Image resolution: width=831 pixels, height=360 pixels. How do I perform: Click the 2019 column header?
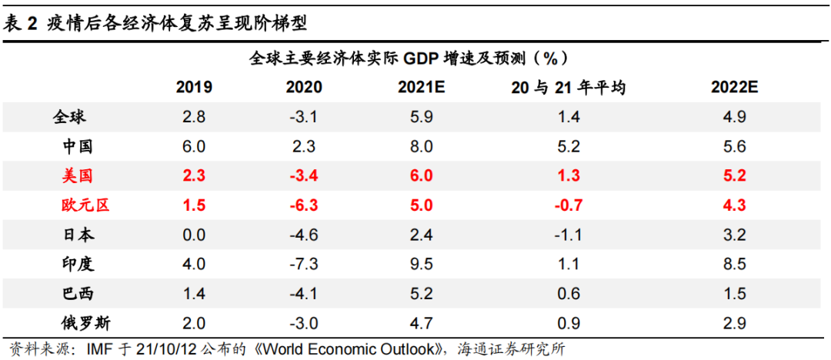[194, 87]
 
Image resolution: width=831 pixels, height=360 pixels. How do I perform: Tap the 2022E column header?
[735, 87]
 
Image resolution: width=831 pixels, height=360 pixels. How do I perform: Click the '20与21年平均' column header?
[568, 87]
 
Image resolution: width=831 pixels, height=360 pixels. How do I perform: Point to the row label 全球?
[69, 117]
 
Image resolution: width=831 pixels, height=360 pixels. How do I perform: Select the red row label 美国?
[77, 175]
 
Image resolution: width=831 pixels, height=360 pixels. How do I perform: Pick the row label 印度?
[77, 264]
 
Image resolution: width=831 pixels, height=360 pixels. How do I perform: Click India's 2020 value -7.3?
[303, 264]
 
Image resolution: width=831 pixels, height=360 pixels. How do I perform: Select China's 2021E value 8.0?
[422, 146]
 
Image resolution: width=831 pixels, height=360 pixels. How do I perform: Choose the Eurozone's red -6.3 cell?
[303, 205]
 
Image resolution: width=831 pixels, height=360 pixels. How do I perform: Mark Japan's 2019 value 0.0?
[194, 235]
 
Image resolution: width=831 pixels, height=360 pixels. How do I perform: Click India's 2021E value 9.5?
[422, 264]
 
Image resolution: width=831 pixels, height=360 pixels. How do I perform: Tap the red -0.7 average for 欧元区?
[567, 205]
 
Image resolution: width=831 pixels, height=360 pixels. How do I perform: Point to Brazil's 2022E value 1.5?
[735, 294]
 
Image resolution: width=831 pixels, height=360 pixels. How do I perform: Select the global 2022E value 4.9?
[735, 117]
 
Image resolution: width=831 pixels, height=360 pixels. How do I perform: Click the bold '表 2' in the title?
[21, 23]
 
